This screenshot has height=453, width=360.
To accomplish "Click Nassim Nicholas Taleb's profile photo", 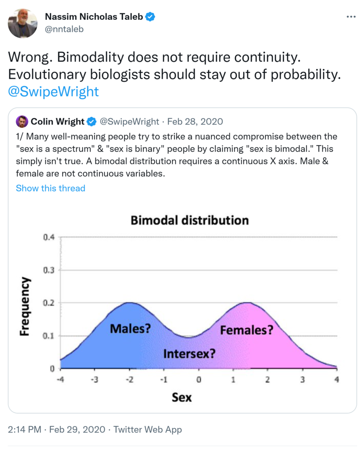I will click(22, 23).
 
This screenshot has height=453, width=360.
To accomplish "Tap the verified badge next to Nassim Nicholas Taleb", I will click(151, 17).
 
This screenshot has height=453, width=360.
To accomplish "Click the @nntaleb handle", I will click(64, 29).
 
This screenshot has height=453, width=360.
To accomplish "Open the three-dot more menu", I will click(351, 17).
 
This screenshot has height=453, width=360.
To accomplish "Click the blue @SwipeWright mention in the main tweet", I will click(54, 92).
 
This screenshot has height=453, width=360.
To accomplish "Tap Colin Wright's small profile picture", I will click(21, 122).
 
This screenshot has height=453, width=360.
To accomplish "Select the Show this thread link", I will click(50, 188).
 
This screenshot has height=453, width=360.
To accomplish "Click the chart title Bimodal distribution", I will click(190, 220).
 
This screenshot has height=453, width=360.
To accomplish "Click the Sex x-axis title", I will click(182, 397).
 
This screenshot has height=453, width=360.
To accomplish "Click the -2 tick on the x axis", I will click(129, 379).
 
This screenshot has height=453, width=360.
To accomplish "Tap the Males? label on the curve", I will click(130, 329).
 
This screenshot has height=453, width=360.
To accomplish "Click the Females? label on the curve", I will click(246, 330).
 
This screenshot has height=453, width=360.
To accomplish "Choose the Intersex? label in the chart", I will click(189, 353).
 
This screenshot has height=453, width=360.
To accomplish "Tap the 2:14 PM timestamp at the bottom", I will click(25, 429).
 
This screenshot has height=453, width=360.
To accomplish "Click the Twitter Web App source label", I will click(148, 429).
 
